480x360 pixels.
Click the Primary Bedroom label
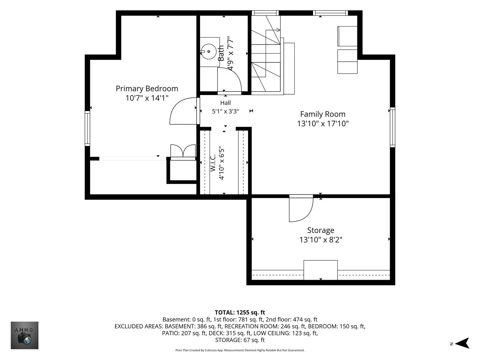pyautogui.click(x=147, y=89)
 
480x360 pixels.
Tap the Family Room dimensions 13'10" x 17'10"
pyautogui.click(x=323, y=123)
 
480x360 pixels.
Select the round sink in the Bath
pyautogui.click(x=209, y=52)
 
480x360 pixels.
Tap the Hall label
pyautogui.click(x=225, y=103)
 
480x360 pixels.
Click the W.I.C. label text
pyautogui.click(x=213, y=163)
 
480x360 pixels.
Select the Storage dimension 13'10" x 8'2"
pyautogui.click(x=321, y=240)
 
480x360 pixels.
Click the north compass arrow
pyautogui.click(x=463, y=343)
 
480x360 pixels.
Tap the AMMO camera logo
pyautogui.click(x=24, y=335)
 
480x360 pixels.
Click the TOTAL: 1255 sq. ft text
pyautogui.click(x=240, y=312)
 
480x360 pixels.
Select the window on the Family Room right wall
pyautogui.click(x=393, y=127)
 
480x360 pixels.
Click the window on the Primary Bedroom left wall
pyautogui.click(x=87, y=128)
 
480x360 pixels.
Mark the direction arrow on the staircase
pyautogui.click(x=273, y=30)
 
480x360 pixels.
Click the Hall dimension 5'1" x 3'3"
pyautogui.click(x=225, y=111)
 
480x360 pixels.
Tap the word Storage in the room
pyautogui.click(x=321, y=230)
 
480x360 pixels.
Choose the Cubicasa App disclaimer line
pyautogui.click(x=240, y=350)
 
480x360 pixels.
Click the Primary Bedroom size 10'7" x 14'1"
pyautogui.click(x=147, y=98)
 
